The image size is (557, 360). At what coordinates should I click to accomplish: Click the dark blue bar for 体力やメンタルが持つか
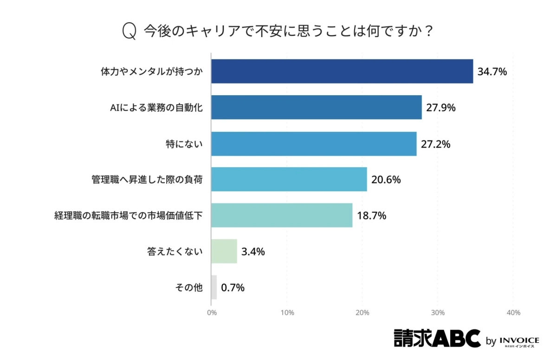(342, 72)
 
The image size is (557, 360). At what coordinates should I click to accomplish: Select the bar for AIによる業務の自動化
(316, 107)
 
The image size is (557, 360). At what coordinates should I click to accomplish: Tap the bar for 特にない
(314, 144)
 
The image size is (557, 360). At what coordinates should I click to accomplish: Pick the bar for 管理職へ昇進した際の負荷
(289, 179)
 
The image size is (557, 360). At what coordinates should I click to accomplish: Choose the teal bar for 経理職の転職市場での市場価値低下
(282, 216)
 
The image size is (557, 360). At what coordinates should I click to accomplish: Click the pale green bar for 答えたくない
(224, 251)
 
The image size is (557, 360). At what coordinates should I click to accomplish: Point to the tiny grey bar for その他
(214, 287)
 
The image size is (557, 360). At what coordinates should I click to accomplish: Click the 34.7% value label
(492, 72)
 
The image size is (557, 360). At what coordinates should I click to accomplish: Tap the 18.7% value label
(371, 216)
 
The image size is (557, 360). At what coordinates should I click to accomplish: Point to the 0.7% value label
(233, 288)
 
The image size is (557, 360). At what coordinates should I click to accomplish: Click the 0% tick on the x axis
(212, 313)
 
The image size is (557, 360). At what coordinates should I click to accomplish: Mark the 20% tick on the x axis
(363, 313)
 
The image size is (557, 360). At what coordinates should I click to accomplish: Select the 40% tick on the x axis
(513, 313)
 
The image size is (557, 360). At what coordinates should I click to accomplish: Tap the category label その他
(189, 288)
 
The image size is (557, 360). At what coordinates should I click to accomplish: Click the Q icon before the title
(129, 32)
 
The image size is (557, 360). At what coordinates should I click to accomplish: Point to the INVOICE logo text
(519, 340)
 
